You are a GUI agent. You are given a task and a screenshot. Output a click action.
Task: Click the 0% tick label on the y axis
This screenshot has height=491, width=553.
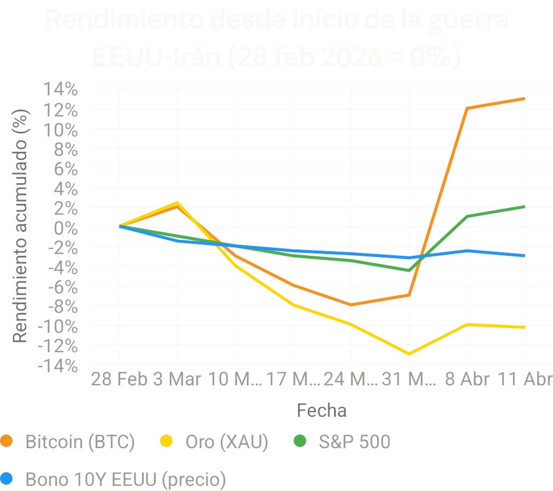[x=66, y=227]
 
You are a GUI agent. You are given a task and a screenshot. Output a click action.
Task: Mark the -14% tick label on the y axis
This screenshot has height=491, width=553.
[x=56, y=365]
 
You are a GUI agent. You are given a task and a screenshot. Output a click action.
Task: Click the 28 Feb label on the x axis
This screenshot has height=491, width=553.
[x=120, y=379]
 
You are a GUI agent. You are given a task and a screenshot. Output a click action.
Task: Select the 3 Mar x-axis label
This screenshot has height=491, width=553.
[x=177, y=379]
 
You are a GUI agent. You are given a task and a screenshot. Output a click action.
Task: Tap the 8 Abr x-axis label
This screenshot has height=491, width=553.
[x=467, y=379]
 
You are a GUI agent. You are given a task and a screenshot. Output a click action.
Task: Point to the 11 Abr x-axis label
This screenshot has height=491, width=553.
[x=525, y=379]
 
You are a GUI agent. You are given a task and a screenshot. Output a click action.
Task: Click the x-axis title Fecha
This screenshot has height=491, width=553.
[x=322, y=410]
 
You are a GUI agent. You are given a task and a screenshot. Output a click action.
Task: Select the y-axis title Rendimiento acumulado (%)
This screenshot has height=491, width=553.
[x=20, y=226]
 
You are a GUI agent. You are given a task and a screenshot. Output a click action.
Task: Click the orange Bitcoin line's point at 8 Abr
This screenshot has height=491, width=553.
[x=467, y=108]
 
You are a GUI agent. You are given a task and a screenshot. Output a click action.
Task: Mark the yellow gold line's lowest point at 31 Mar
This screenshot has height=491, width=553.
[x=409, y=354]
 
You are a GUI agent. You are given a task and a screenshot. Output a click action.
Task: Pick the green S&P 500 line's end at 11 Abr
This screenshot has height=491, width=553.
[x=524, y=207]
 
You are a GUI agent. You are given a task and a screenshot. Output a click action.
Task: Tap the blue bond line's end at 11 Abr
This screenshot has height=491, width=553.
[x=524, y=255]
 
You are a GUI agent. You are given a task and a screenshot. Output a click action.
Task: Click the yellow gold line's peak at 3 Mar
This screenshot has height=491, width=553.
[x=177, y=203]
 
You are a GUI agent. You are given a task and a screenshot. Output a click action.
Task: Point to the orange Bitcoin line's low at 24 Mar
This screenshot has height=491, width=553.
[x=351, y=305]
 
